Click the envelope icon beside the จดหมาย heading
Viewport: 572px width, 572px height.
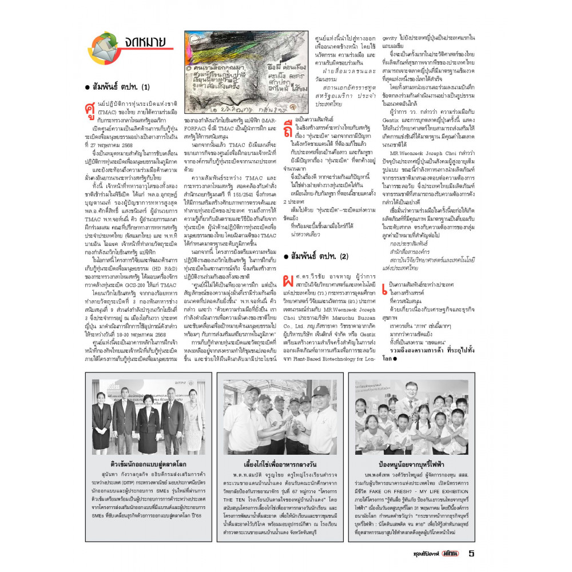tap(103, 46)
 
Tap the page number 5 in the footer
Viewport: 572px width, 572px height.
tap(471, 553)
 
